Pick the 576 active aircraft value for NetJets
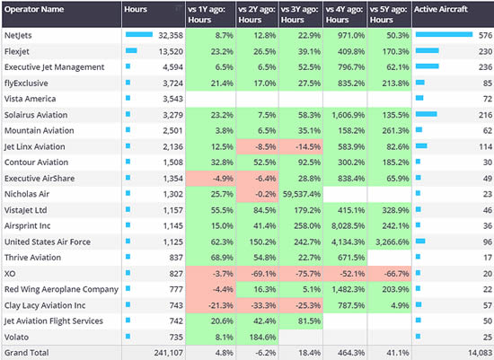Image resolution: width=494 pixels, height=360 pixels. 484,35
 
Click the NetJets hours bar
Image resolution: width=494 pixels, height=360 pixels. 139,35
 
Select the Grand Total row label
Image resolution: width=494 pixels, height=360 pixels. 26,352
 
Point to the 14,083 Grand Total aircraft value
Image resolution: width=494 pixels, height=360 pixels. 476,352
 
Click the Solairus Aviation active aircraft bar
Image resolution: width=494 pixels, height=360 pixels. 425,114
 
